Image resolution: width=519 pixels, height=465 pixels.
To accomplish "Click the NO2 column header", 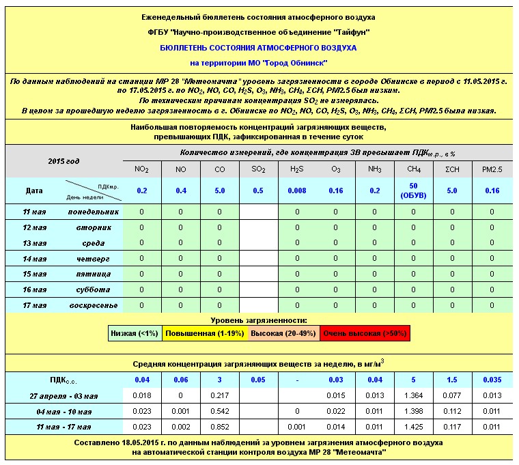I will tap(142, 169).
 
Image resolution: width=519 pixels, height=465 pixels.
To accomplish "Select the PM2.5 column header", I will tap(491, 169).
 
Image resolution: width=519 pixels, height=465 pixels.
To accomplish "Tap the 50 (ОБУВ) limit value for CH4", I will tap(413, 191).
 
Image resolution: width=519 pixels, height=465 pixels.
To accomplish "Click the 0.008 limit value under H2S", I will tap(297, 191).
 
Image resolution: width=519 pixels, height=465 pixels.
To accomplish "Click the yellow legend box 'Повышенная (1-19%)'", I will tap(201, 334).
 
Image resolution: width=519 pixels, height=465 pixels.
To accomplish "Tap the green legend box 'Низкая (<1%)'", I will tap(135, 334).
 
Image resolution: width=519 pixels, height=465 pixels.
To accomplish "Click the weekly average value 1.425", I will tap(413, 427).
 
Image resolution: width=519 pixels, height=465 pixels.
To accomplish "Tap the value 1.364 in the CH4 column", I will tap(413, 396).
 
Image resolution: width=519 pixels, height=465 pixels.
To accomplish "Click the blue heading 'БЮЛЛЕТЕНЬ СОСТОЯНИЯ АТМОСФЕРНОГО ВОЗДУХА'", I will tap(259, 48).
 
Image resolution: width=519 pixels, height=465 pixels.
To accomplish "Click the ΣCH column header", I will tap(452, 169).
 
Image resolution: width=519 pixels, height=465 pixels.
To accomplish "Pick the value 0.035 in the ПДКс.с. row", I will tap(491, 380).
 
